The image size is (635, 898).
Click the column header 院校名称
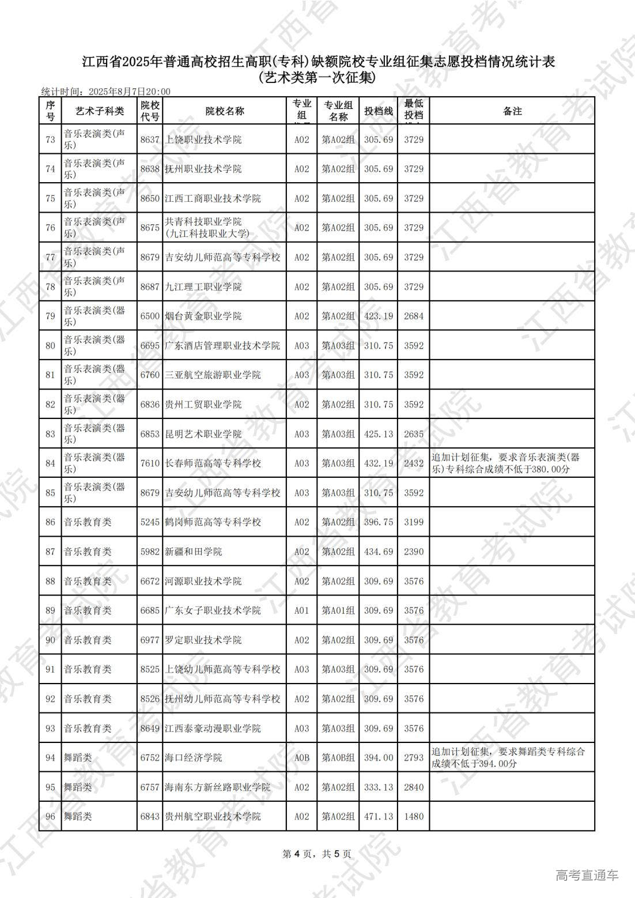click(x=224, y=111)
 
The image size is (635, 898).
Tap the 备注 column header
click(x=512, y=111)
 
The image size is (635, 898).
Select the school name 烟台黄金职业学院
click(x=203, y=316)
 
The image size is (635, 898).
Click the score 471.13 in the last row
click(x=379, y=816)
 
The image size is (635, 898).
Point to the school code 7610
click(x=150, y=463)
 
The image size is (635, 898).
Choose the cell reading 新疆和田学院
click(x=194, y=552)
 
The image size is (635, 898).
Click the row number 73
click(x=50, y=139)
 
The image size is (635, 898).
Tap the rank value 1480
click(x=414, y=816)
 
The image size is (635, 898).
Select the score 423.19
click(x=379, y=316)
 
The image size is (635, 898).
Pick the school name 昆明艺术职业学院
click(x=203, y=433)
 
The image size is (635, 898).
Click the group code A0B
click(x=302, y=757)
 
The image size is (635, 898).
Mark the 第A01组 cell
click(x=338, y=610)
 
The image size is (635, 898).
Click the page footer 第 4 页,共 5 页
click(x=317, y=854)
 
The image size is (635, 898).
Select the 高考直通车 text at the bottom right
click(x=587, y=875)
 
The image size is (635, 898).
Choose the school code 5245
click(x=150, y=522)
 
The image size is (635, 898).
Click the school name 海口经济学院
click(x=194, y=757)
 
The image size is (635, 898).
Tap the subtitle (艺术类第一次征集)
click(x=317, y=77)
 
